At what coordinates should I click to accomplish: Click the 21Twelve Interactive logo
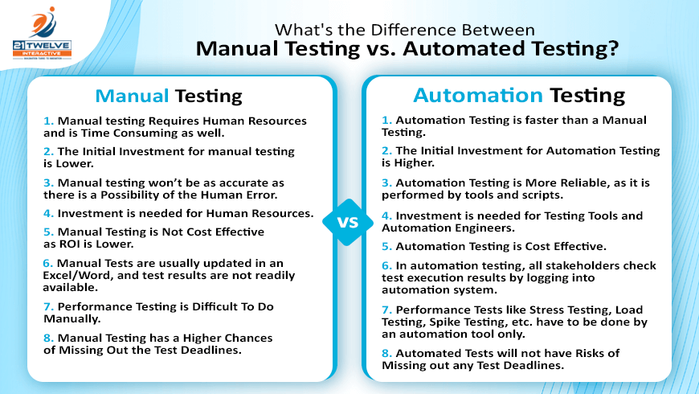[42, 34]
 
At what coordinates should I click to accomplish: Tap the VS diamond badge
[348, 222]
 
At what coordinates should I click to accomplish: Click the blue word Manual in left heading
[132, 96]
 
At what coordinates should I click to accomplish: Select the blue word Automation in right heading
[478, 96]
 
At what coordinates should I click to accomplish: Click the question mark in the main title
[613, 48]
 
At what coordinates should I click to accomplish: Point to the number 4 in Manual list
[48, 213]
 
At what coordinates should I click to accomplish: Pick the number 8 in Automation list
[386, 354]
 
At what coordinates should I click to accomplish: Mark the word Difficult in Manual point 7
[215, 306]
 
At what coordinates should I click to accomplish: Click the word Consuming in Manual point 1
[144, 133]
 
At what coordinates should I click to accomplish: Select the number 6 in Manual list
[47, 263]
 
